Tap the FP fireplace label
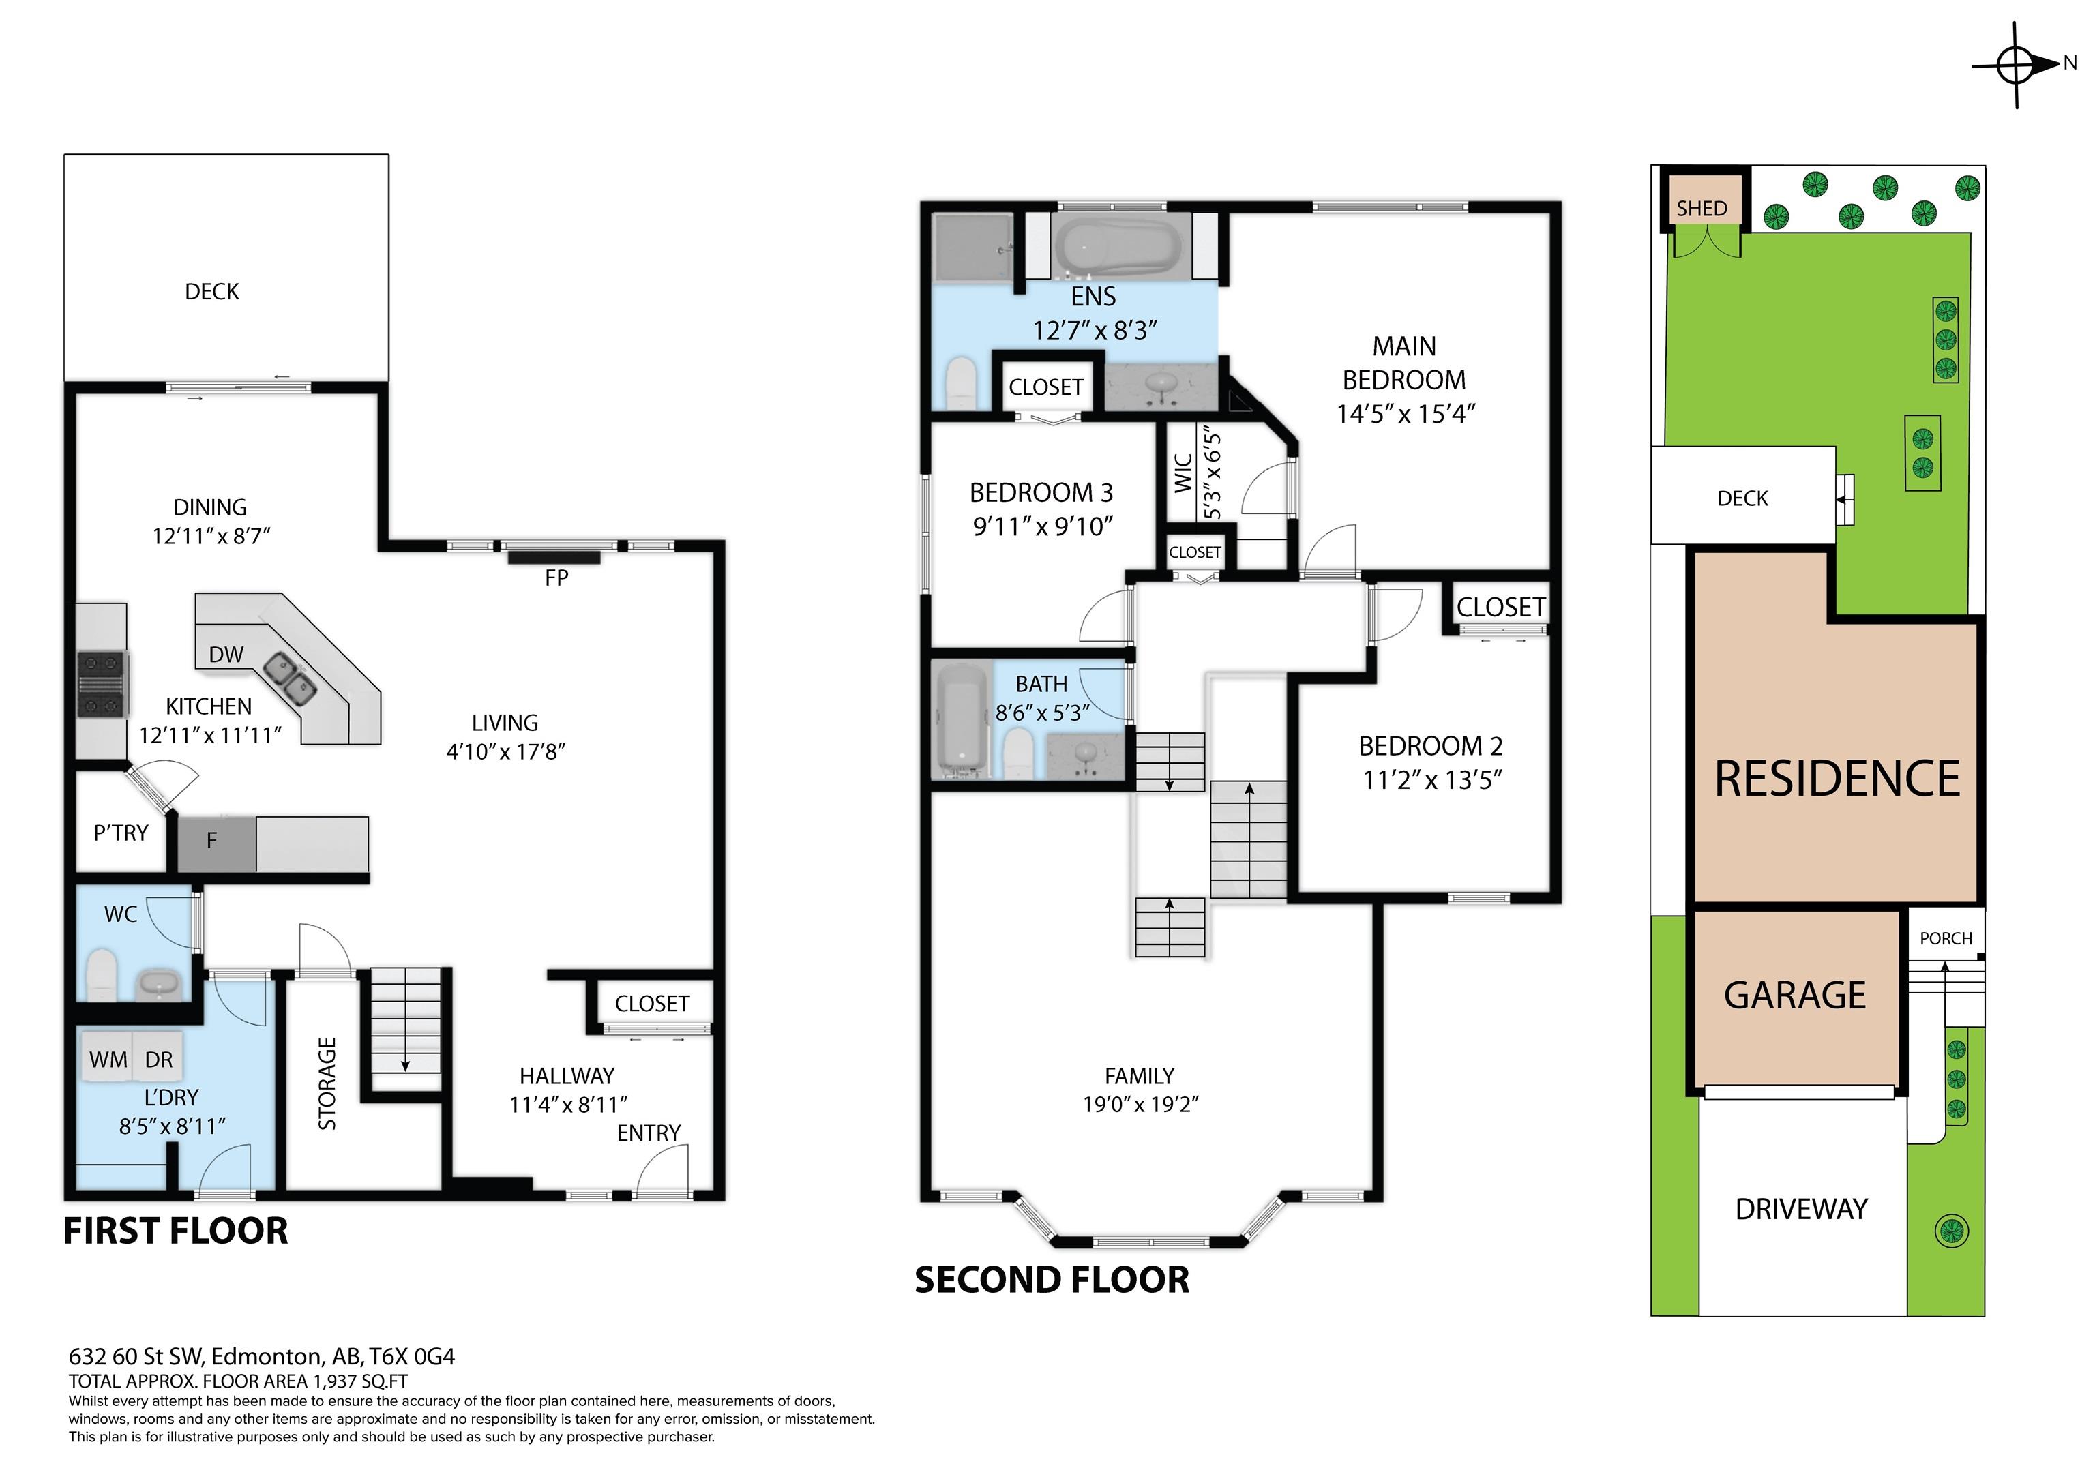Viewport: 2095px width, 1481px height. pos(556,578)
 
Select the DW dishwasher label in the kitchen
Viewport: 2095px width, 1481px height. pos(226,655)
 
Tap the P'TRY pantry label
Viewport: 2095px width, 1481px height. pos(121,832)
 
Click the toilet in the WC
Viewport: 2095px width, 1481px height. pos(102,974)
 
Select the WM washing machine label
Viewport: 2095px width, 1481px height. pos(108,1060)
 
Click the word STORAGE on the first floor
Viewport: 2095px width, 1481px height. pos(327,1083)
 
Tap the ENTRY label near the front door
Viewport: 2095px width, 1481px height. pos(649,1133)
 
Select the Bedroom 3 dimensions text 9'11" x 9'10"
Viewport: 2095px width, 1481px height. pos(1042,526)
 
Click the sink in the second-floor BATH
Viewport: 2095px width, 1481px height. pos(1086,756)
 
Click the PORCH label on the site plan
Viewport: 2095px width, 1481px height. pos(1946,938)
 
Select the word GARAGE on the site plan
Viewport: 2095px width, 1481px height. pos(1795,995)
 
